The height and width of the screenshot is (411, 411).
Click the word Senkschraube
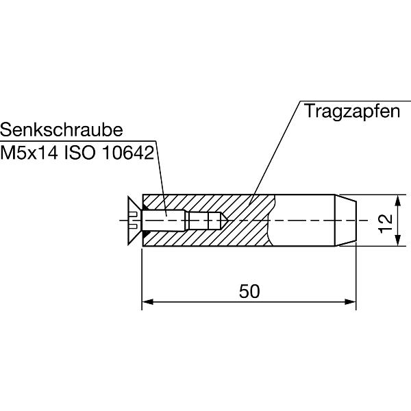[x=62, y=130]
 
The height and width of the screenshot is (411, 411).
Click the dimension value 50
[x=249, y=291]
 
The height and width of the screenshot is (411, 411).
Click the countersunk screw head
[x=134, y=220]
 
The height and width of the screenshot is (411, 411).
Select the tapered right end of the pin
[x=346, y=220]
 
